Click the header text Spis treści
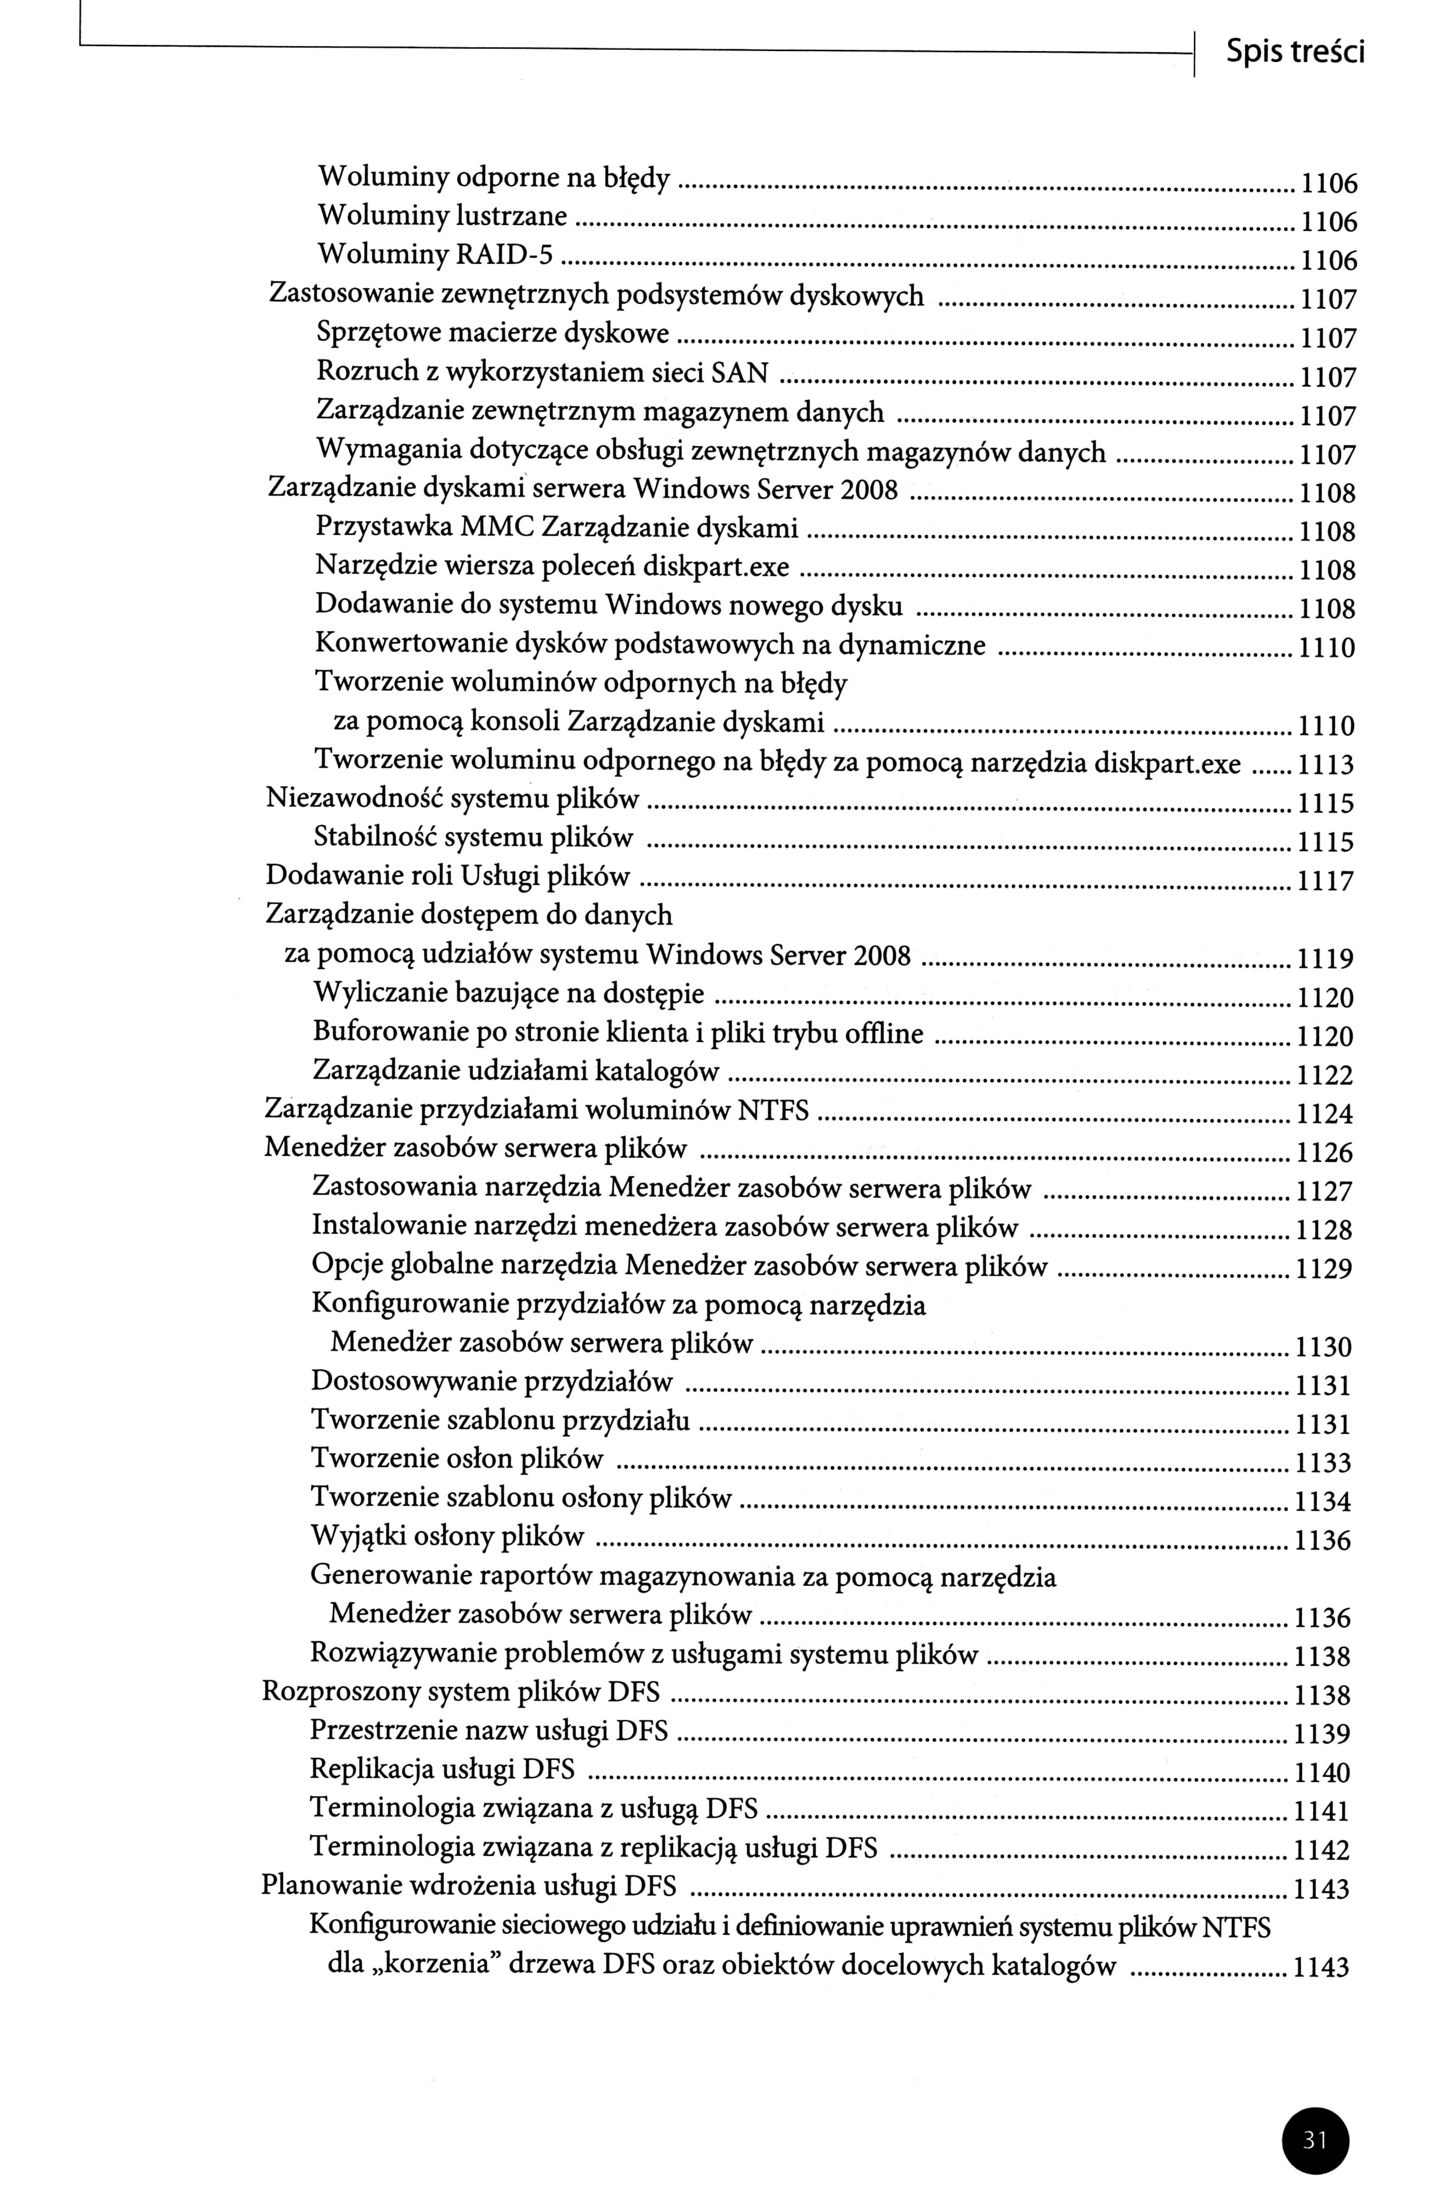(x=1294, y=53)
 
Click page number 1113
(x=1325, y=765)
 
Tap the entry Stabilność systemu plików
(x=473, y=838)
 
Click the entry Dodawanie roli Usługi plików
(x=448, y=876)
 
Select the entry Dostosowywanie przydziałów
(x=491, y=1381)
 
